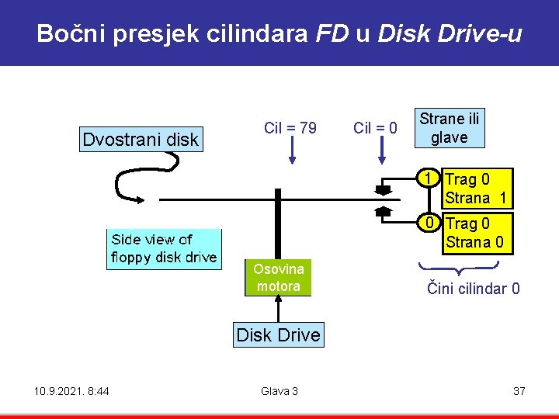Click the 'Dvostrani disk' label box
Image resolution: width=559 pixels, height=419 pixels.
(x=141, y=140)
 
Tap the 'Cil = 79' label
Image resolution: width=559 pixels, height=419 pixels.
(x=290, y=128)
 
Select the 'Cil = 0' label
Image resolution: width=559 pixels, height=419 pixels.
(x=376, y=128)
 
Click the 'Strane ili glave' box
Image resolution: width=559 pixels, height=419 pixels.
(x=450, y=129)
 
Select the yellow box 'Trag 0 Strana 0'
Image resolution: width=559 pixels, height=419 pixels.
(x=476, y=234)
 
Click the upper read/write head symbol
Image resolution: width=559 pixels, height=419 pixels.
(x=383, y=189)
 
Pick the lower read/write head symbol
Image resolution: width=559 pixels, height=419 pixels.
(x=383, y=210)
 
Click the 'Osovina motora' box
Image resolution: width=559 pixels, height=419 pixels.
(x=278, y=278)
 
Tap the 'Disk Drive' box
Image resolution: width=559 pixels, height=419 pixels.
(x=278, y=335)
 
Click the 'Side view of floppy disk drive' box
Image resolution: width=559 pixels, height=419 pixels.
(x=164, y=248)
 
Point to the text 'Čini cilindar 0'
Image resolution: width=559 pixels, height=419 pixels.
(x=474, y=289)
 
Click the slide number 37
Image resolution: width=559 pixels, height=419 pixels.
(x=519, y=391)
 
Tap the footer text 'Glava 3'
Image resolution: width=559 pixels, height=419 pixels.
(x=279, y=391)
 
